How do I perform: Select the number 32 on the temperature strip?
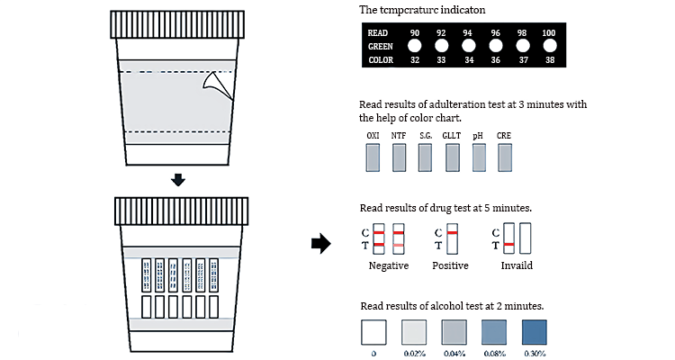415,60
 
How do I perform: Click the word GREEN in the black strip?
380,46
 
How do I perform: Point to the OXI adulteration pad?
373,158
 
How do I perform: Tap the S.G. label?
425,135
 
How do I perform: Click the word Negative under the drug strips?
389,266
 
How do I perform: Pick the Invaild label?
516,266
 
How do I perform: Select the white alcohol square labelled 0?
373,332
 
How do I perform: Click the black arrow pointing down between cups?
179,180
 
